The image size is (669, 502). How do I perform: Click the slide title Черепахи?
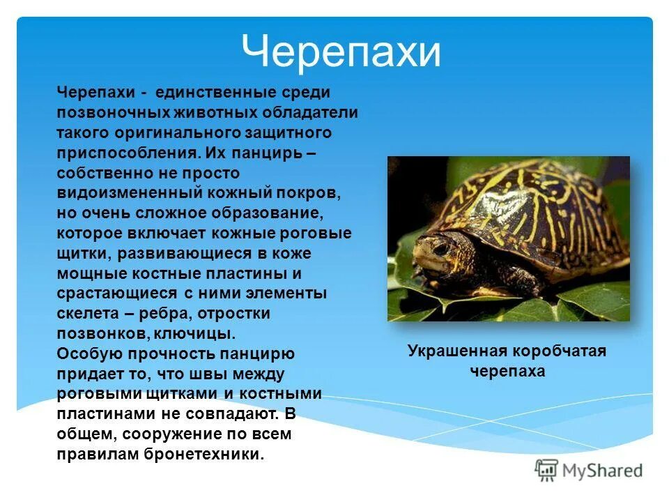(341, 52)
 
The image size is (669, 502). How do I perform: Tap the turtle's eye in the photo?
(440, 247)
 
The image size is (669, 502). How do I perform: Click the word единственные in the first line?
(210, 92)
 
